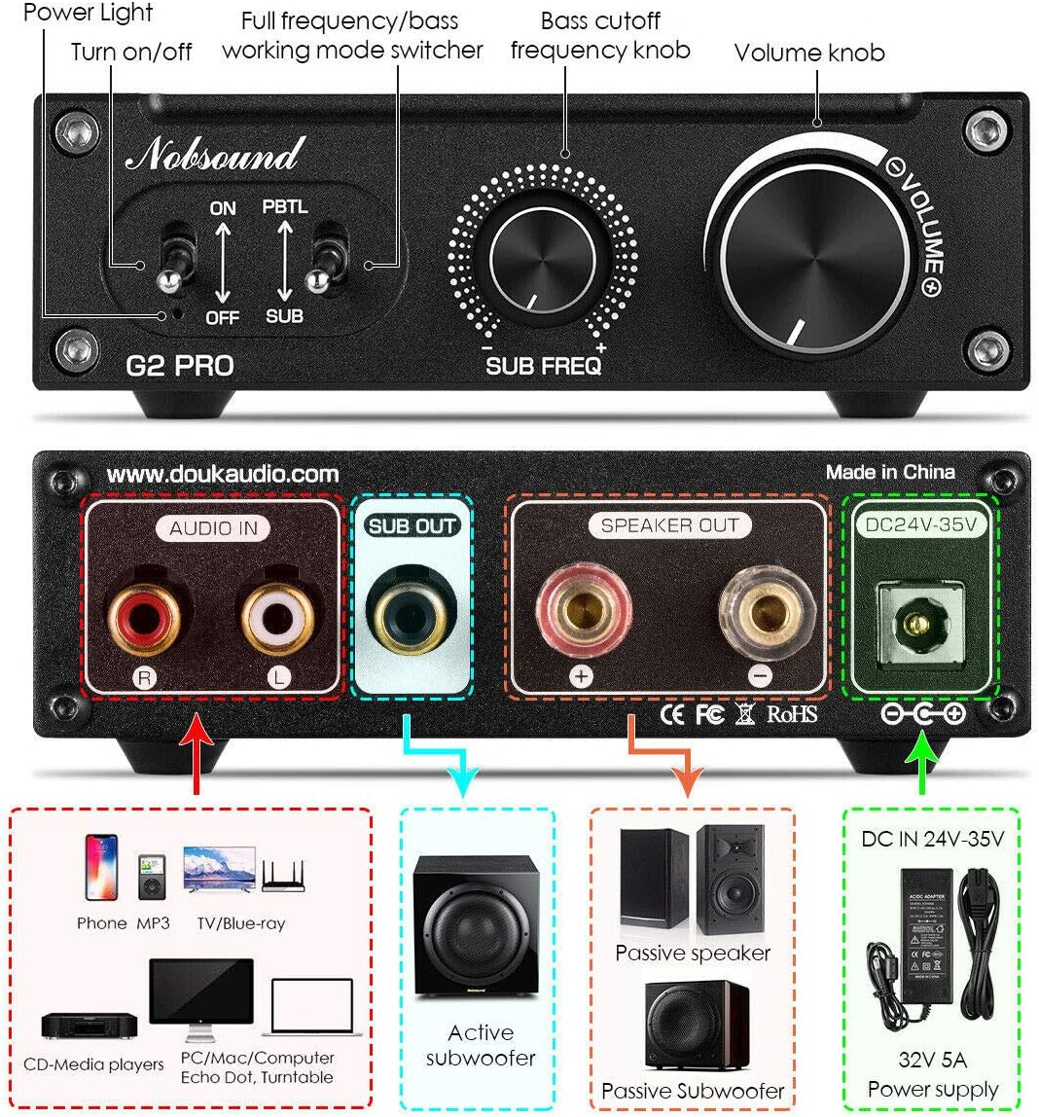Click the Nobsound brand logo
212,155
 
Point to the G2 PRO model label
180,366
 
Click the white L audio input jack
277,616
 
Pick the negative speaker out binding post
760,615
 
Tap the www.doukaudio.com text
223,474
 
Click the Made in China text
890,472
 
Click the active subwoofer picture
477,925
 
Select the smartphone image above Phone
101,866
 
